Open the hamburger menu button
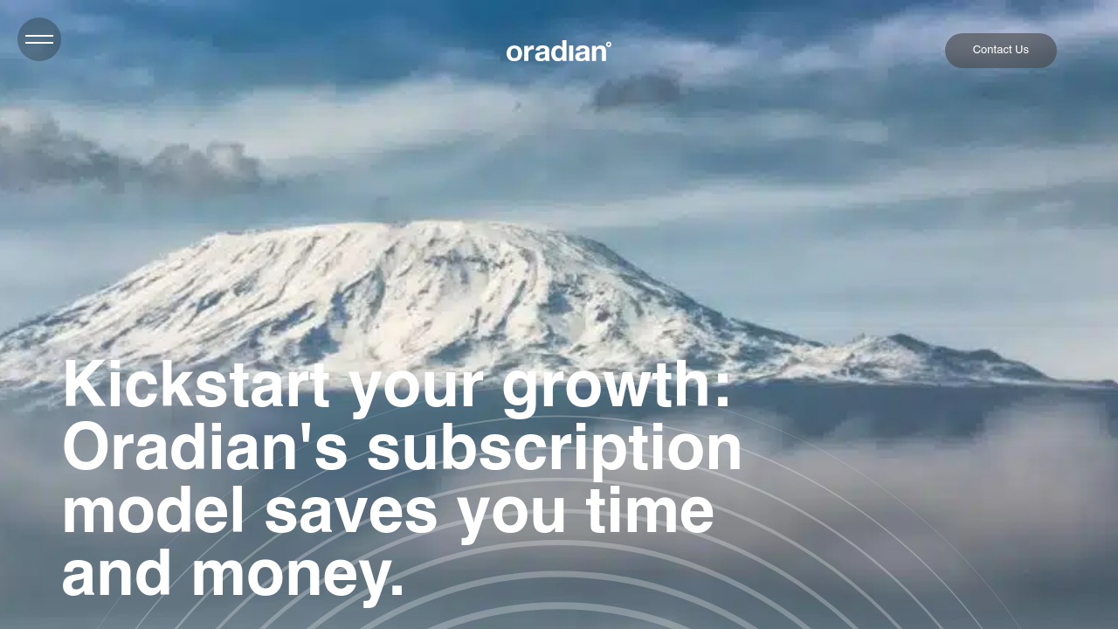click(39, 39)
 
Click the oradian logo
click(556, 52)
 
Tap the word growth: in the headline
click(616, 385)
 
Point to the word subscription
click(554, 448)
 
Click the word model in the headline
click(153, 511)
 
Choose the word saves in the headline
click(350, 511)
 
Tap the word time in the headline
click(650, 511)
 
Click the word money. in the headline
click(298, 574)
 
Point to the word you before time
click(512, 511)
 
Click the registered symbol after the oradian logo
click(609, 44)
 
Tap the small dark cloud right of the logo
click(638, 90)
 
